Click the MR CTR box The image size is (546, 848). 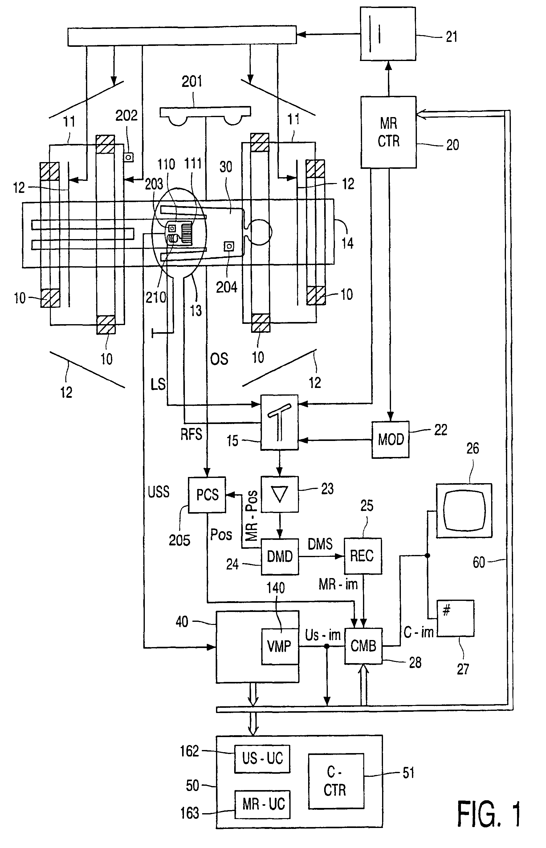point(389,132)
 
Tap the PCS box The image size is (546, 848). point(207,495)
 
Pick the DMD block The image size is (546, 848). point(280,556)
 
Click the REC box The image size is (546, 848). point(363,556)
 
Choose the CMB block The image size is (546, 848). point(363,646)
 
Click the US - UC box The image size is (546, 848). point(262,759)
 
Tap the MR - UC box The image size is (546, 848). point(262,804)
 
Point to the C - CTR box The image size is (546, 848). point(336,781)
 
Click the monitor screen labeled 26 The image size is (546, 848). point(464,511)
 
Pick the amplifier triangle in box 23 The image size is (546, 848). point(279,494)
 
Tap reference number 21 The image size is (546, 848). point(452,37)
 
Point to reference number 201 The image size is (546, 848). point(192,82)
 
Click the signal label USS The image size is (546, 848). point(158,492)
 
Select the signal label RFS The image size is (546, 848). point(191,434)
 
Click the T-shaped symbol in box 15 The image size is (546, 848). point(279,422)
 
